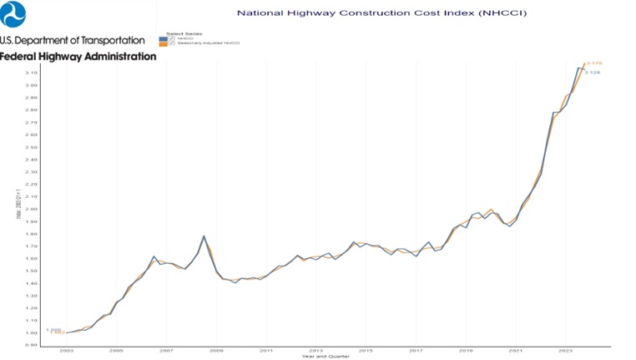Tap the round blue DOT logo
[x=13, y=14]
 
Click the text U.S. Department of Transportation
[x=73, y=40]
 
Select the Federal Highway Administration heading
[x=78, y=57]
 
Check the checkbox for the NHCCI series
[x=172, y=38]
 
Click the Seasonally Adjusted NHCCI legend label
[x=208, y=43]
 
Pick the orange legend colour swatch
[x=163, y=43]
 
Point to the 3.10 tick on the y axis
[x=31, y=73]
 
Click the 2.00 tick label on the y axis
[x=31, y=209]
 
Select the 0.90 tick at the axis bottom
[x=31, y=345]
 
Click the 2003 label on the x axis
[x=66, y=351]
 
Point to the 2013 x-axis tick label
[x=315, y=351]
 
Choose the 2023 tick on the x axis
[x=565, y=351]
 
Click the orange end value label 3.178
[x=594, y=63]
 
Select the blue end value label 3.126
[x=593, y=73]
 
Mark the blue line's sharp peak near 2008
[x=204, y=236]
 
